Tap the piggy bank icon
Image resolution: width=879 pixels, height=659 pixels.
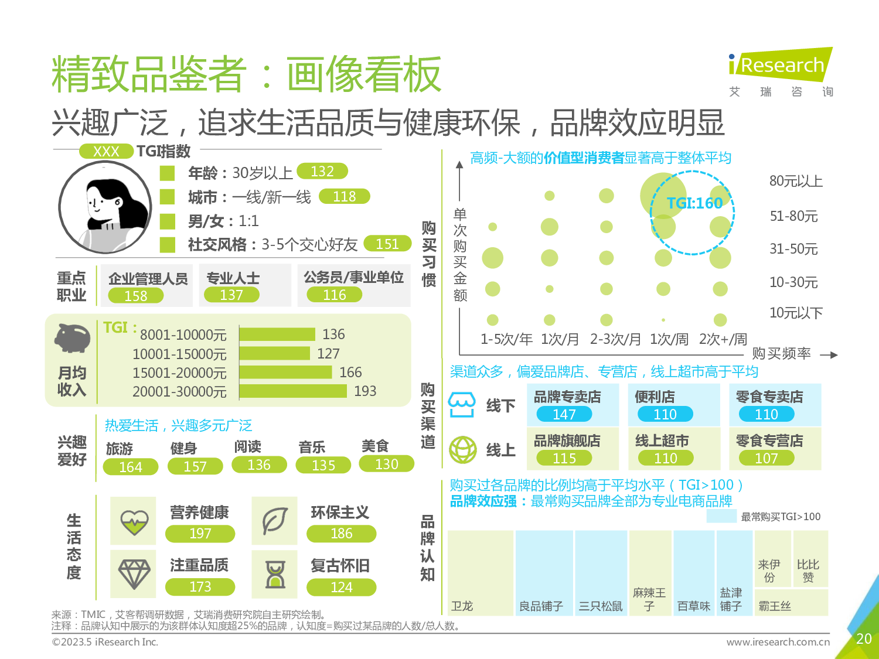click(x=73, y=339)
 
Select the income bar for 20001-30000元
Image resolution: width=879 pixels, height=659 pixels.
click(x=293, y=391)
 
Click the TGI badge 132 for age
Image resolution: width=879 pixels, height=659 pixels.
click(x=322, y=171)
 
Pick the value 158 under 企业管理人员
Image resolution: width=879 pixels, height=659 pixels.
click(x=136, y=296)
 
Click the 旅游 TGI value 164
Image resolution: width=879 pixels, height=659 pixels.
click(x=130, y=467)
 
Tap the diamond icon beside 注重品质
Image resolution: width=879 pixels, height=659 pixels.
click(x=134, y=573)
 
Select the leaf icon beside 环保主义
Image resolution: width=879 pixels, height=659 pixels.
click(x=274, y=521)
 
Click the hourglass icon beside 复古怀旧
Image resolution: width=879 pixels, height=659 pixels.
click(x=275, y=574)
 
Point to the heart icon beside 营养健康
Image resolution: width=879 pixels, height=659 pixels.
click(x=134, y=521)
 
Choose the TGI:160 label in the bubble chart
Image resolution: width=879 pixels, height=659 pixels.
click(x=694, y=203)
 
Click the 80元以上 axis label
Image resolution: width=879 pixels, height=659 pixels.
click(x=796, y=181)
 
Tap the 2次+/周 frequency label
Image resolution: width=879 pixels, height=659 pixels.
click(x=723, y=339)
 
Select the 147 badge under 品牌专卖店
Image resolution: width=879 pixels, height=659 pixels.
click(x=564, y=414)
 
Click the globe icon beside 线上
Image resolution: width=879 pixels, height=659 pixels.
click(x=463, y=450)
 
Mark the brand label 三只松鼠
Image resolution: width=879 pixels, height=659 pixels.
click(x=601, y=606)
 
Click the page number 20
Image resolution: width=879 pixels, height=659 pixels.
click(x=864, y=638)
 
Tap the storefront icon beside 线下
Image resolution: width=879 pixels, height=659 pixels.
click(x=462, y=405)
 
